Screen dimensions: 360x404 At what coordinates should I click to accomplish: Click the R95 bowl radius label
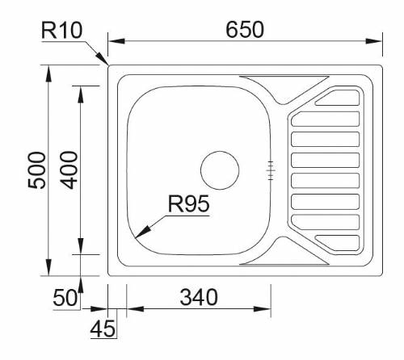[187, 205]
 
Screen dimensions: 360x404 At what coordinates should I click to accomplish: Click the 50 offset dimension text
[65, 297]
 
